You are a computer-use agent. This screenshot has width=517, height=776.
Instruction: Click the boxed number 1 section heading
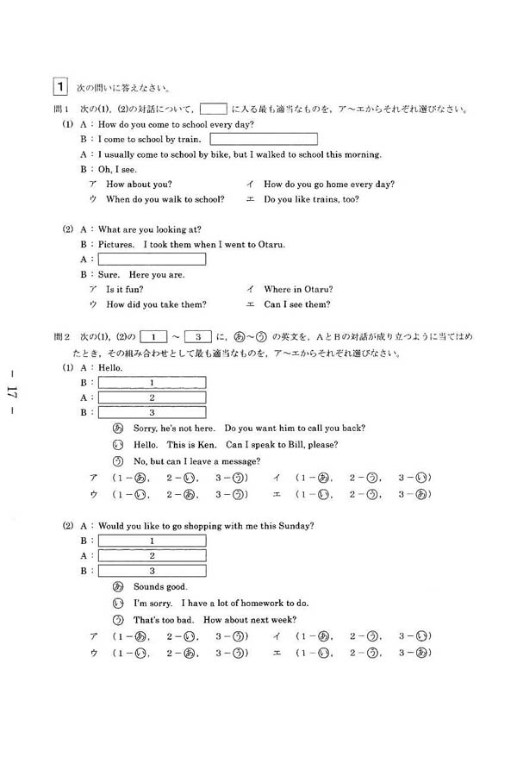60,87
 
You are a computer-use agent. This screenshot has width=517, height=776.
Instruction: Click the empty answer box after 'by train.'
263,139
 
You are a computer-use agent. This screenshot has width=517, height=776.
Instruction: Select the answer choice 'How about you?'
139,184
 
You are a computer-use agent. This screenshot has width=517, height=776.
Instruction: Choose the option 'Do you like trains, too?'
311,199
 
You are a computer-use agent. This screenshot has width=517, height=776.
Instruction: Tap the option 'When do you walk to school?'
165,199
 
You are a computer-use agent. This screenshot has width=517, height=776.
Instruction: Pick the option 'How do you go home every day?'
329,184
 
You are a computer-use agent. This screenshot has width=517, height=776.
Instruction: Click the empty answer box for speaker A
152,259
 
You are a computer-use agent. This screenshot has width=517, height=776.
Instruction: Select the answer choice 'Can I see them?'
297,304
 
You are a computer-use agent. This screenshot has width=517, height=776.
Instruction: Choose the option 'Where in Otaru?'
298,289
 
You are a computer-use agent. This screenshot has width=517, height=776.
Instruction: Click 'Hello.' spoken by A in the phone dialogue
111,368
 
